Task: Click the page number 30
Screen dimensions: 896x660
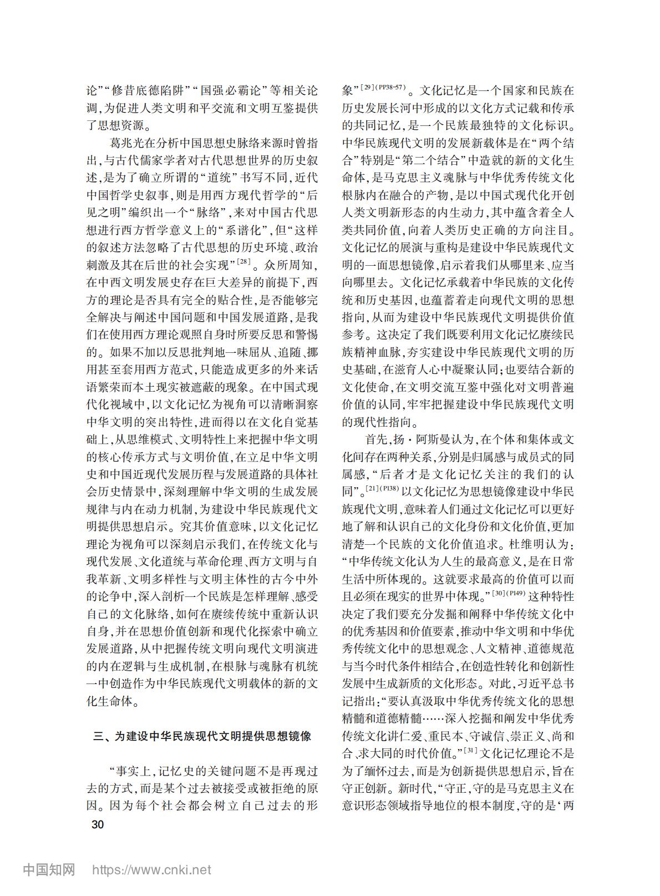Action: click(97, 824)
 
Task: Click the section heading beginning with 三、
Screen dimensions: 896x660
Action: click(202, 736)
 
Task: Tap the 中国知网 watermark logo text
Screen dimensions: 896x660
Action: click(49, 869)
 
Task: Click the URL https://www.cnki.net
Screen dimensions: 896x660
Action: click(151, 870)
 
